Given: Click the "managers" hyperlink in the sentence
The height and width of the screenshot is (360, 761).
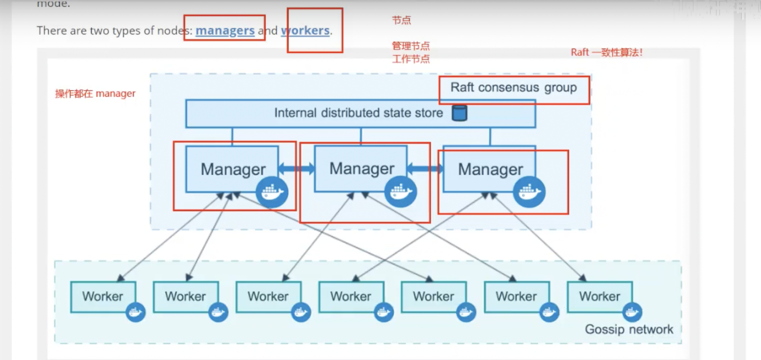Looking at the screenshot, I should [225, 30].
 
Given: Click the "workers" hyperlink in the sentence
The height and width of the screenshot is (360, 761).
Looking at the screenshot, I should [306, 30].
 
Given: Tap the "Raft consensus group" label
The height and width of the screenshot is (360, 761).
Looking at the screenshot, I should [513, 88].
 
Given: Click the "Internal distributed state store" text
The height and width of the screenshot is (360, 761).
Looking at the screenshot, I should [358, 113].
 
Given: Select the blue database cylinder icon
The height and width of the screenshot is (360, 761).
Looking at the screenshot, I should [459, 113].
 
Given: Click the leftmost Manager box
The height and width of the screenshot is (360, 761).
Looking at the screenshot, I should [232, 169].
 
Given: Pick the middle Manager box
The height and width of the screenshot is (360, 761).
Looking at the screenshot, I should [361, 168].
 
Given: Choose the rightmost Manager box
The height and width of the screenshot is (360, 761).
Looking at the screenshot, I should [489, 169].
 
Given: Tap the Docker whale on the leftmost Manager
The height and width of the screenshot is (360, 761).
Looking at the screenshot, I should [272, 192].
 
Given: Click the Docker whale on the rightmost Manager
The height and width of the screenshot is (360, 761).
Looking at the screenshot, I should [529, 192].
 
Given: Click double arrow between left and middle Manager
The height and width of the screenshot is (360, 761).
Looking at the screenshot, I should [296, 168].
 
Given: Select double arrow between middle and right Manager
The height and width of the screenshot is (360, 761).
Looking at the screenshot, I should [425, 168].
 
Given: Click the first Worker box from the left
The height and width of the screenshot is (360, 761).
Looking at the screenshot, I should [103, 296].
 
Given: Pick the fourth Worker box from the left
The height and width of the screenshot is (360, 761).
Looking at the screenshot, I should [351, 296].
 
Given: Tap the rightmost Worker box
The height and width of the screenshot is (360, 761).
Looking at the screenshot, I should [599, 296].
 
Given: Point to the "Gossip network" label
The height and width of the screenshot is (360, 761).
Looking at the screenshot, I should [629, 329].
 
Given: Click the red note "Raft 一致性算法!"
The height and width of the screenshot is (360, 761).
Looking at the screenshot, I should [606, 52].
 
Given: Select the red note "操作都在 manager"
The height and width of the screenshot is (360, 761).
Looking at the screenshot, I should [95, 94].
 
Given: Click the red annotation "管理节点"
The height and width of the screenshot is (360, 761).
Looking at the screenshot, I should [410, 46].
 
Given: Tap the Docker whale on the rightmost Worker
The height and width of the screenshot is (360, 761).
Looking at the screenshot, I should [632, 312].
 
